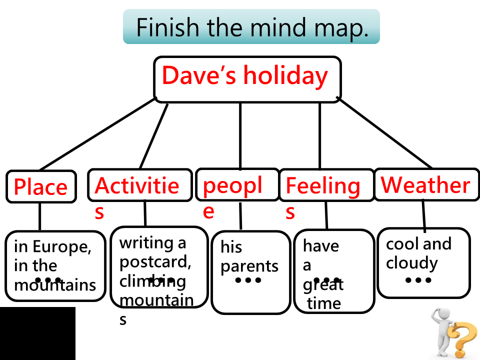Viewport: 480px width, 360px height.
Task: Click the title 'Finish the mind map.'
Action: coord(251,27)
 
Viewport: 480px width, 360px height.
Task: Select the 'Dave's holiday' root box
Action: coord(247,79)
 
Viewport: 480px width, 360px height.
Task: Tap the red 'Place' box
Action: coord(40,187)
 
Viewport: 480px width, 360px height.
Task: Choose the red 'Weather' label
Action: coord(425,185)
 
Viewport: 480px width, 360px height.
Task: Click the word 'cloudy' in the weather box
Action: coord(411,263)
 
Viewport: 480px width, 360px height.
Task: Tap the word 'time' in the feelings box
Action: coord(324,303)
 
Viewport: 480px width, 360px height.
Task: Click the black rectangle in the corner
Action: coord(37,333)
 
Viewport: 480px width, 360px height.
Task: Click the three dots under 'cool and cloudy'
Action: coord(418,280)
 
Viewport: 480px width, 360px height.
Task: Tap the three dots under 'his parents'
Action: coord(248,280)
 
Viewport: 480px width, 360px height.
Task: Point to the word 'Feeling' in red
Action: coord(323,186)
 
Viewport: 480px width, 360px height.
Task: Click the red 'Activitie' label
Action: coord(136,185)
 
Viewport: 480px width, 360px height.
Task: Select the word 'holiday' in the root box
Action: coord(285,75)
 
